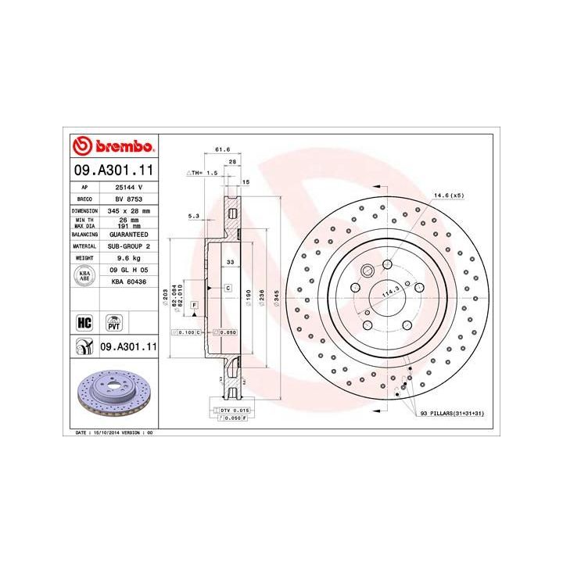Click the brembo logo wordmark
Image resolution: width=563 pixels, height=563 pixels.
114,147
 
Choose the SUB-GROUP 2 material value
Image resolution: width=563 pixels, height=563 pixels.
126,246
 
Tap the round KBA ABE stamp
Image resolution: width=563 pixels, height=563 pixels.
84,274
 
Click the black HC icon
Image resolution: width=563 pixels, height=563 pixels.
81,321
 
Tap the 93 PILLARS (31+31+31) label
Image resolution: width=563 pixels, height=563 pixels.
451,412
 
